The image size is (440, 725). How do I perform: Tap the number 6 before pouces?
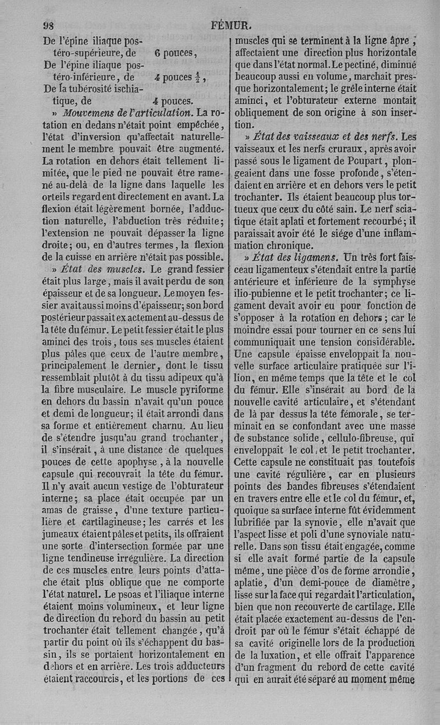pos(157,53)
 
